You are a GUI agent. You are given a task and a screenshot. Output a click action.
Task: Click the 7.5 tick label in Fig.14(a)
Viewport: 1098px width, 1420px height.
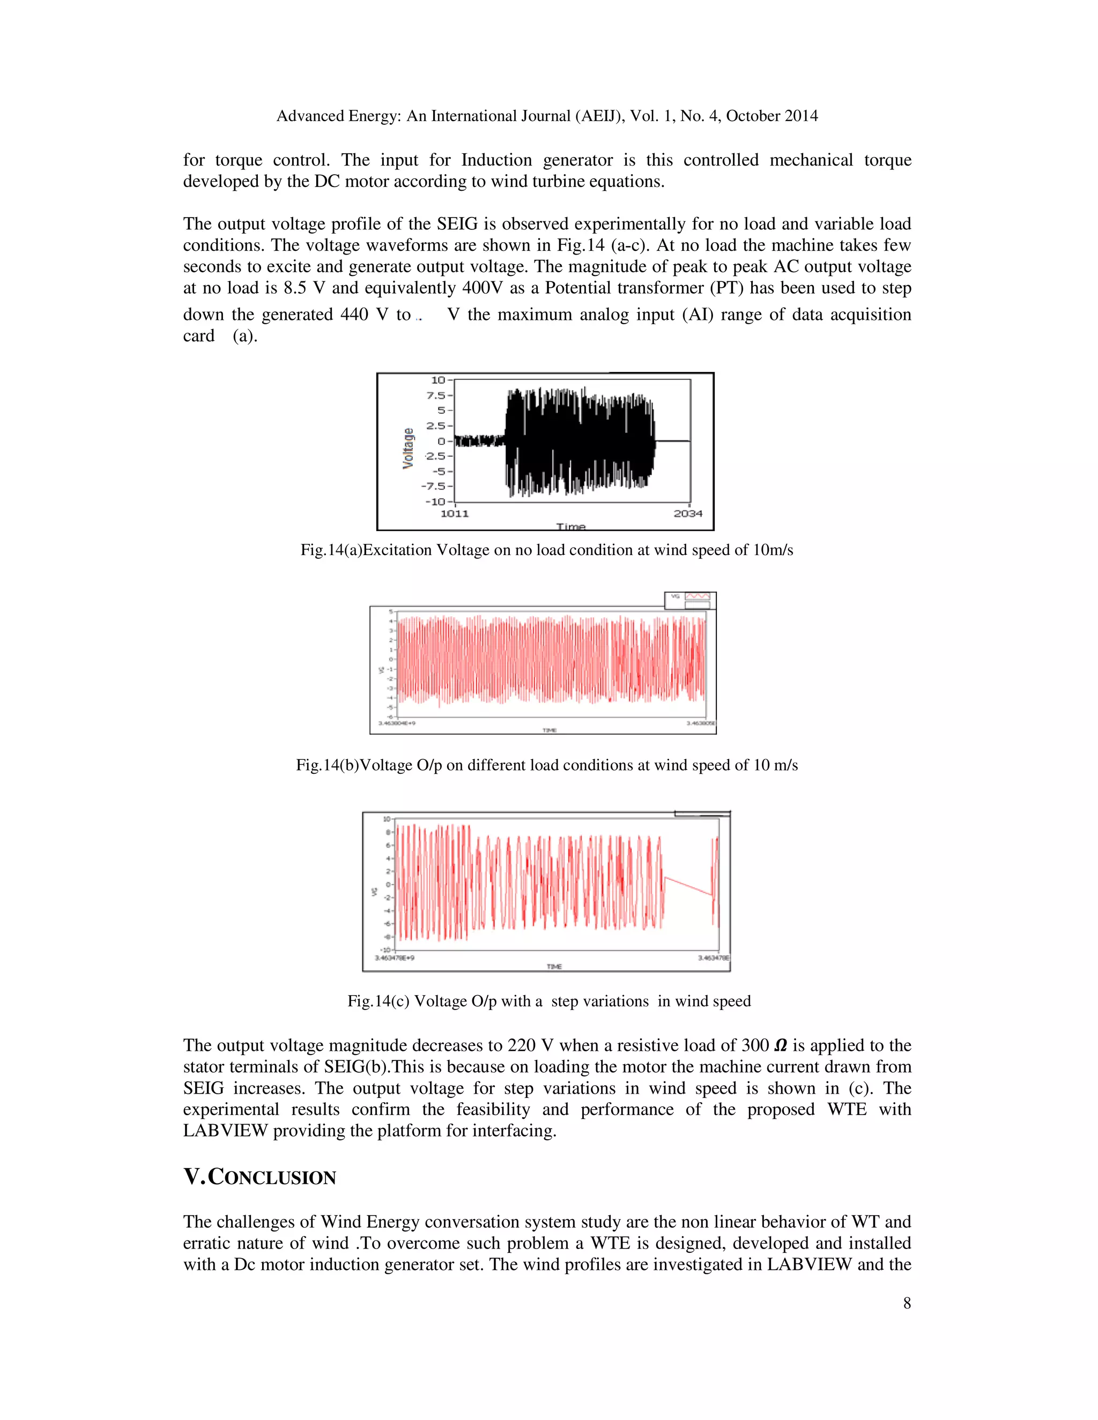[x=436, y=395]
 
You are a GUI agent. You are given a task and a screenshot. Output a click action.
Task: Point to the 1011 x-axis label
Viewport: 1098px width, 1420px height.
[x=455, y=514]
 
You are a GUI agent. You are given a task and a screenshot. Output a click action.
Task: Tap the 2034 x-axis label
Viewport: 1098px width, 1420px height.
[x=687, y=514]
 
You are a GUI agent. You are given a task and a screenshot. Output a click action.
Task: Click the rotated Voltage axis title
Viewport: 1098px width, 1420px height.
[x=409, y=448]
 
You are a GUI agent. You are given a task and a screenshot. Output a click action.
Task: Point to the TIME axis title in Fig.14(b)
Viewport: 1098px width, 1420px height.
[x=550, y=730]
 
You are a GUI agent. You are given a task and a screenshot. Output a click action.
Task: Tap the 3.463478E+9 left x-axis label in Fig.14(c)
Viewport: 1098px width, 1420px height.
[x=394, y=958]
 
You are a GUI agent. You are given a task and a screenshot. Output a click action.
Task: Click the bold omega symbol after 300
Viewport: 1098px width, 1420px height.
[x=781, y=1046]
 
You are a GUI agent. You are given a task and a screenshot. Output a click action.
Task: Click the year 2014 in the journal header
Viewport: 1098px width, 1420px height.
[x=801, y=116]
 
